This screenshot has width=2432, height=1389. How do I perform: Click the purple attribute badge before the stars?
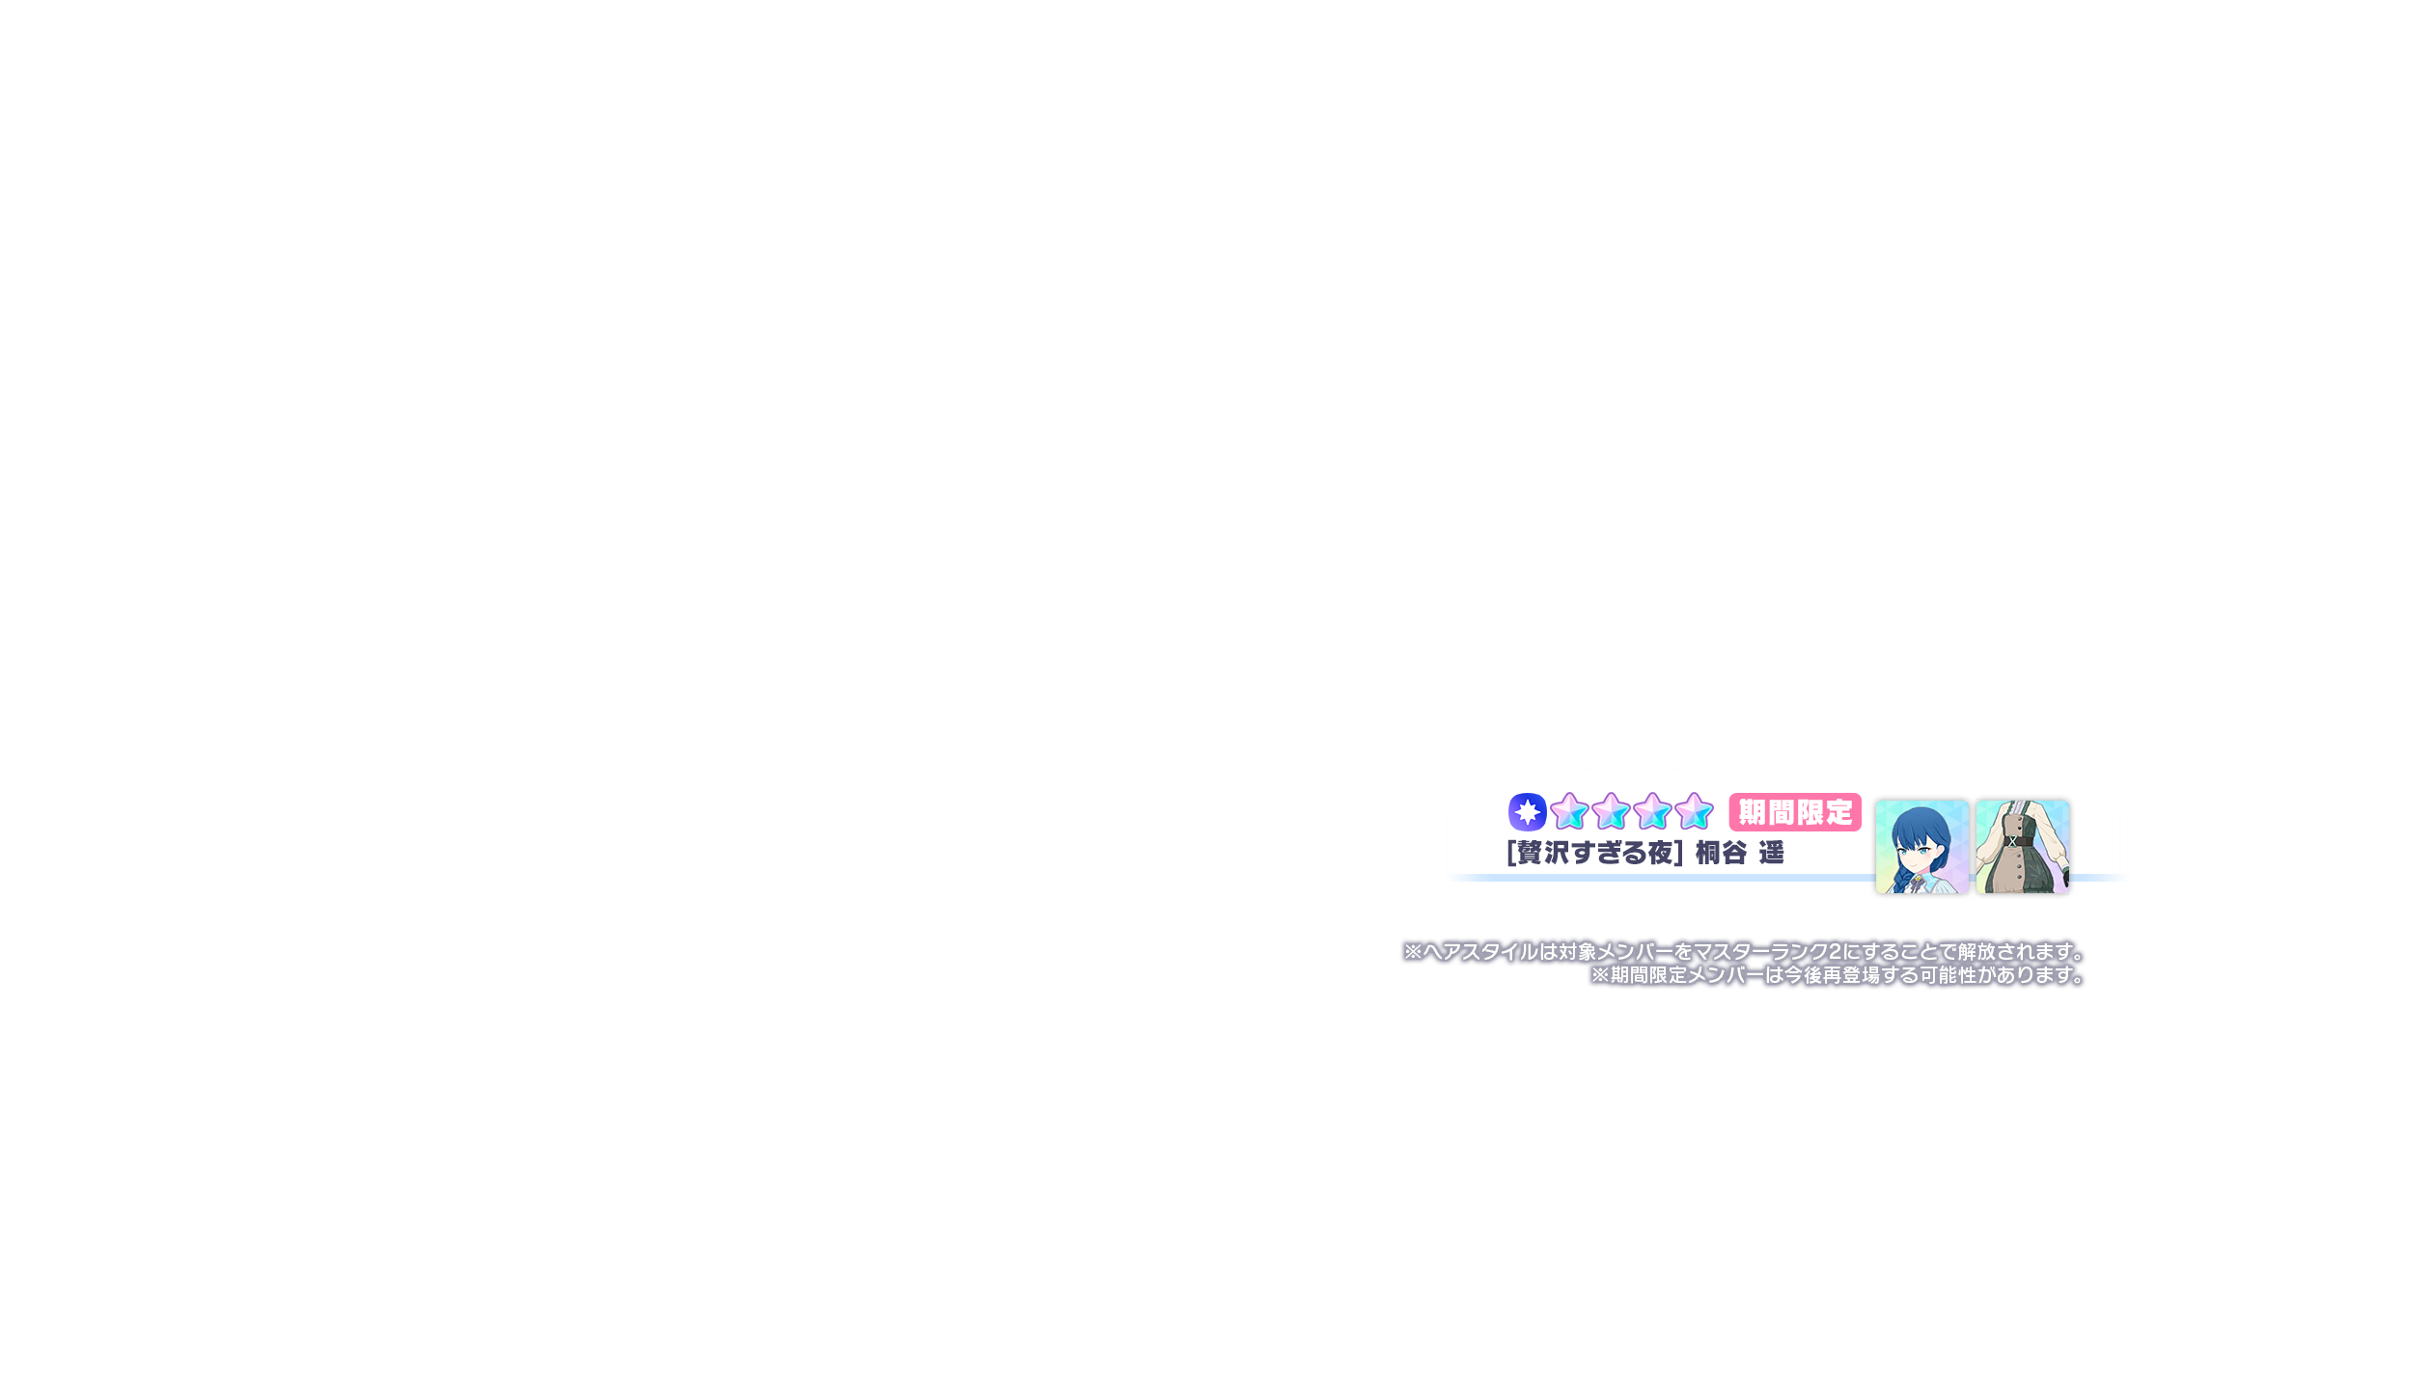(x=1527, y=812)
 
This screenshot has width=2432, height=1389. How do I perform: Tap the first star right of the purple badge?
(x=1569, y=812)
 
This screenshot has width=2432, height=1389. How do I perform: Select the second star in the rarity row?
(x=1611, y=812)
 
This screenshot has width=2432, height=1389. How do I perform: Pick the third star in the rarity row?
(x=1652, y=812)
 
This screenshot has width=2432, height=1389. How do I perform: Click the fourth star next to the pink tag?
(x=1694, y=812)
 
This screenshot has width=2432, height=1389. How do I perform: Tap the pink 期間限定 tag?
(x=1795, y=812)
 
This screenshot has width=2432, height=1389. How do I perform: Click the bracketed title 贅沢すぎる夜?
(x=1594, y=853)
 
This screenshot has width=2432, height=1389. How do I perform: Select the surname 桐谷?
(x=1721, y=853)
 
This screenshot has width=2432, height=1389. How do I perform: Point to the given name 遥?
(x=1771, y=853)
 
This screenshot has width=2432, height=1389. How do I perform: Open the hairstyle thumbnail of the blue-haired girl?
(x=1921, y=846)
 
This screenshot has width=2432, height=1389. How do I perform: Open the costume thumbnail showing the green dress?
(x=2022, y=846)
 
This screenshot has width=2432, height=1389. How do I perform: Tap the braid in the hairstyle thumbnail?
(x=1901, y=878)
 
